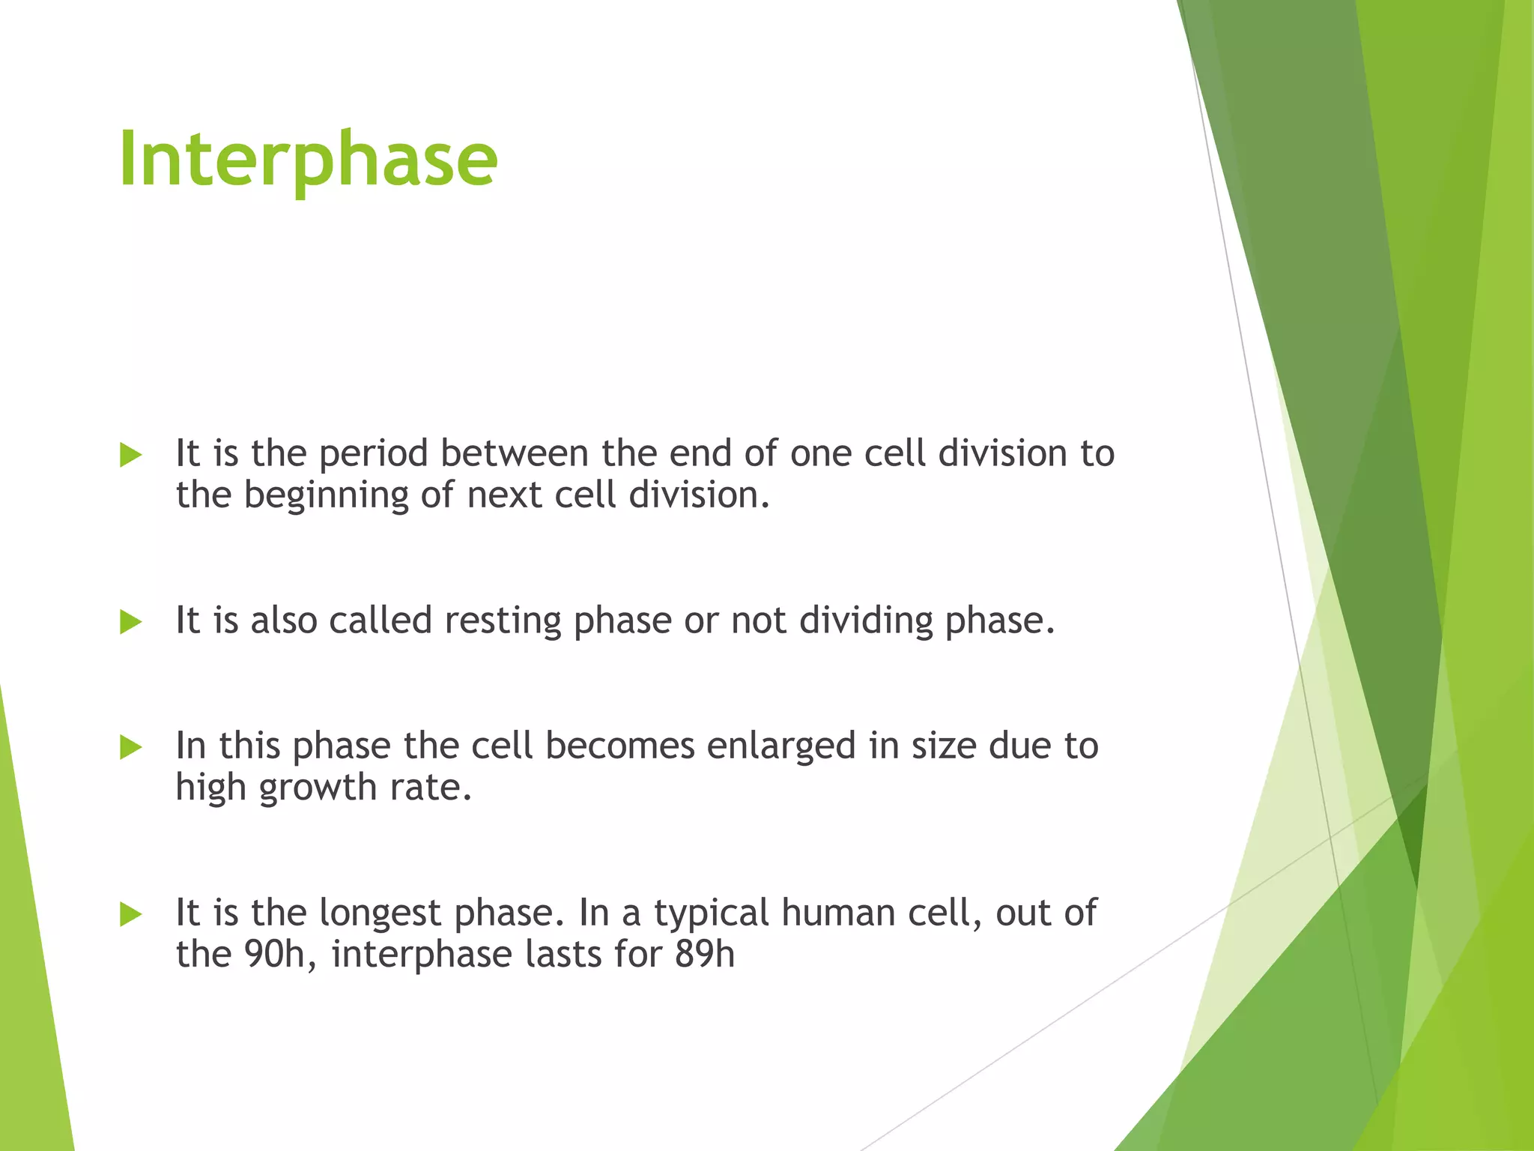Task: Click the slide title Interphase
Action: (x=308, y=159)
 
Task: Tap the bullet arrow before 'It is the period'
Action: (x=130, y=455)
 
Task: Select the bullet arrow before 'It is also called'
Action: (x=130, y=622)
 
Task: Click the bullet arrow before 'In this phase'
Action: (x=130, y=747)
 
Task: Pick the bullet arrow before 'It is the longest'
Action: (x=130, y=914)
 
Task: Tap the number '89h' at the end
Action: (x=705, y=954)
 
